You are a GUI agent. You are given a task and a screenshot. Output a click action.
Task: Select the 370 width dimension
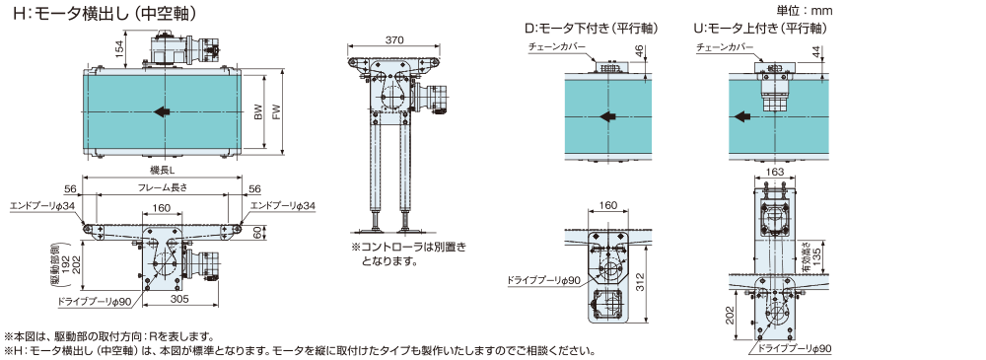click(x=394, y=39)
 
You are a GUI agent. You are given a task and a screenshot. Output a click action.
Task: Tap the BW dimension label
click(x=257, y=112)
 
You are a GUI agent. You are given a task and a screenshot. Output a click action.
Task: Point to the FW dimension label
click(x=274, y=112)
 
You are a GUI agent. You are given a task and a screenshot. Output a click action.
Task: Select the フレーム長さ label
click(x=163, y=187)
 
